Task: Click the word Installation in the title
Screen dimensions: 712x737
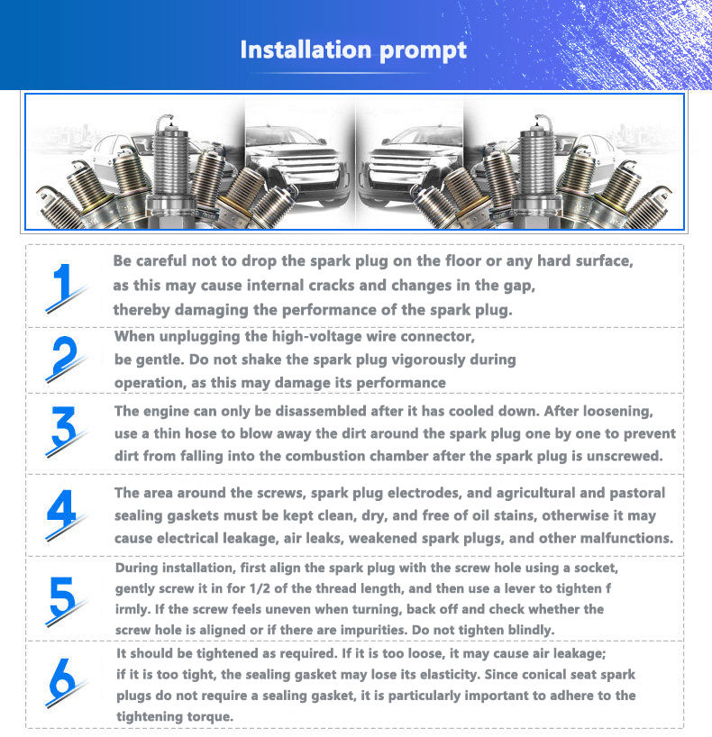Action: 307,50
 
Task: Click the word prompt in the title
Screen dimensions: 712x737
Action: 424,51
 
